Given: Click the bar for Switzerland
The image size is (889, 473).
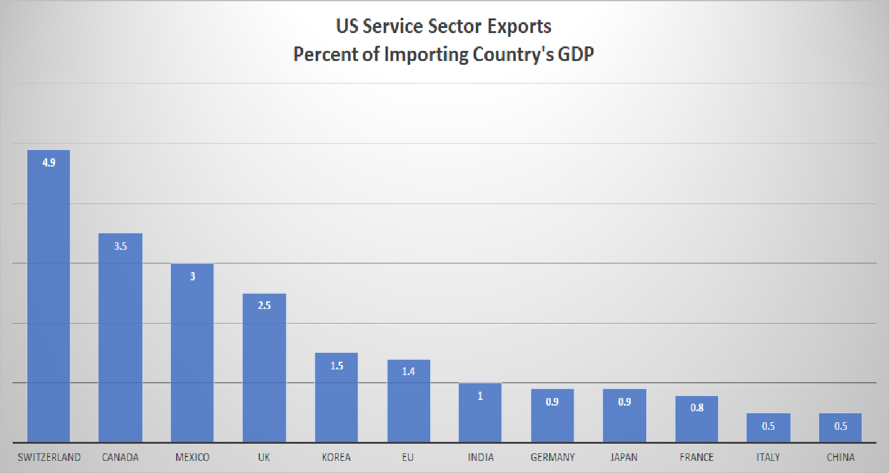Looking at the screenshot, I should (49, 296).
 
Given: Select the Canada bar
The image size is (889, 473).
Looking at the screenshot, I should (121, 337).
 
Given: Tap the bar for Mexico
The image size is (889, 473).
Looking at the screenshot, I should (193, 352).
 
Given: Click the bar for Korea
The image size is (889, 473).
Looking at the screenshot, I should (337, 397).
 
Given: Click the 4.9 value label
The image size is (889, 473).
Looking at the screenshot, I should (49, 163).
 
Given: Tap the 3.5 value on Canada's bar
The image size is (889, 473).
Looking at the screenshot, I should (121, 246).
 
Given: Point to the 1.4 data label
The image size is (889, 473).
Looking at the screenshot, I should (409, 372).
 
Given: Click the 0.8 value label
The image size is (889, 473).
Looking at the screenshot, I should (696, 408).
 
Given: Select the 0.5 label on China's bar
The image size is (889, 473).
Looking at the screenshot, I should (840, 426).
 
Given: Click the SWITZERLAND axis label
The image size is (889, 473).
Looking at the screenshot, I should (49, 457).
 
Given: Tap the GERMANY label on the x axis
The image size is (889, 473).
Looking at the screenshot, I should (552, 457).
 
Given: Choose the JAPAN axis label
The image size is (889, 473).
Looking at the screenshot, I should (625, 457).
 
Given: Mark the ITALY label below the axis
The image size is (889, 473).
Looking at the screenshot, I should (768, 457).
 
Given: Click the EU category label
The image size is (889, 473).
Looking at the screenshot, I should (409, 457).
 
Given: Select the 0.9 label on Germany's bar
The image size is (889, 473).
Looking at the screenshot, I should (552, 402).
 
